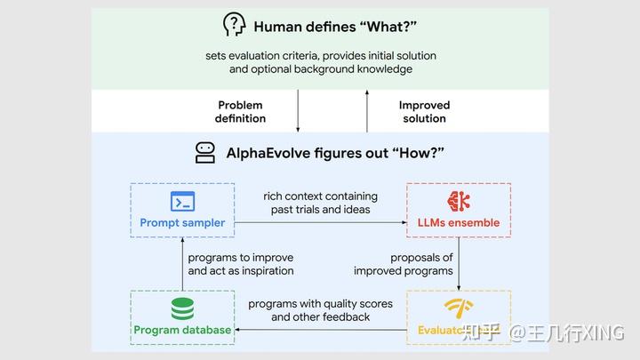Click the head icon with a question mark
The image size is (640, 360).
(x=234, y=25)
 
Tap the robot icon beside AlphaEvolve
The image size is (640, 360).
(x=205, y=152)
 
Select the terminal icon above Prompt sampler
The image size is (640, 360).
(x=182, y=201)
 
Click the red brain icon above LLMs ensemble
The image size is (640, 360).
(x=459, y=201)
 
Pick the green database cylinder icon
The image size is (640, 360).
(x=182, y=308)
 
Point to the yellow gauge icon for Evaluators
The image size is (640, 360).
(x=459, y=308)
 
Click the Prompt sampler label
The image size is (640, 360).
(x=182, y=222)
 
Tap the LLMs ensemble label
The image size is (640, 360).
(x=459, y=222)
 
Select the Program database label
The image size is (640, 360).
(x=182, y=330)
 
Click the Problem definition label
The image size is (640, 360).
(x=240, y=111)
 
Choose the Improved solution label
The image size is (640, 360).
(x=424, y=111)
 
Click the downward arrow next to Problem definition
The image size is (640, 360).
(x=298, y=111)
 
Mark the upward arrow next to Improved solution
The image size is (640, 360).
(x=366, y=111)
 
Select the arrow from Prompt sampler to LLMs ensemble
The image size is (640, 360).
(x=320, y=222)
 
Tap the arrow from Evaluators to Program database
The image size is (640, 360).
(x=320, y=330)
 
